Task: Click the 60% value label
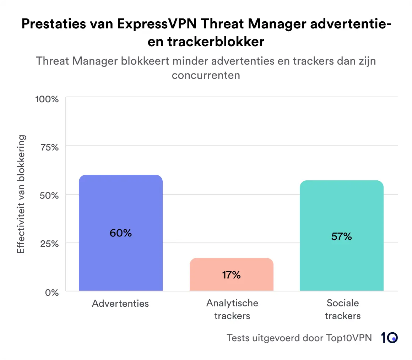tap(120, 233)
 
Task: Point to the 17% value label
tap(231, 275)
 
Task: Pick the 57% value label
tap(341, 237)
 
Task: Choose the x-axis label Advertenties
tap(120, 304)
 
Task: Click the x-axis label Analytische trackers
tap(232, 309)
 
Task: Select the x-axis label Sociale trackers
tap(343, 309)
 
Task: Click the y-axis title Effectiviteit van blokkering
tap(21, 194)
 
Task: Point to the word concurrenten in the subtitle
tap(206, 75)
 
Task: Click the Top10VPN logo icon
tap(389, 338)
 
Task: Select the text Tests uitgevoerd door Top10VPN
tap(299, 338)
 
